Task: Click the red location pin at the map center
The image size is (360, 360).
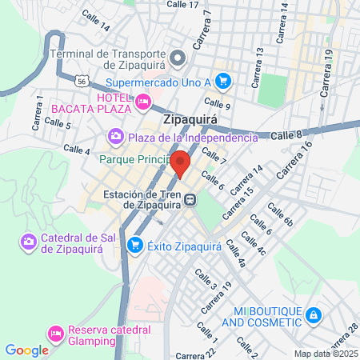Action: (x=181, y=162)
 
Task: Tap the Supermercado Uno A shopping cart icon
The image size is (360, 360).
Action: (x=223, y=81)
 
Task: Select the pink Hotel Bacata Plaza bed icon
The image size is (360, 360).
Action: (x=143, y=102)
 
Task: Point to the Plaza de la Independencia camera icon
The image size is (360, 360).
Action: (x=116, y=137)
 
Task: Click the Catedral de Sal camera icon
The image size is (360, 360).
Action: (x=29, y=240)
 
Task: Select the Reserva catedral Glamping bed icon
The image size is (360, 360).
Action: (x=56, y=332)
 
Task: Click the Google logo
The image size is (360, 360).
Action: (x=26, y=350)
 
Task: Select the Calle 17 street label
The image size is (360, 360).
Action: (x=182, y=5)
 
